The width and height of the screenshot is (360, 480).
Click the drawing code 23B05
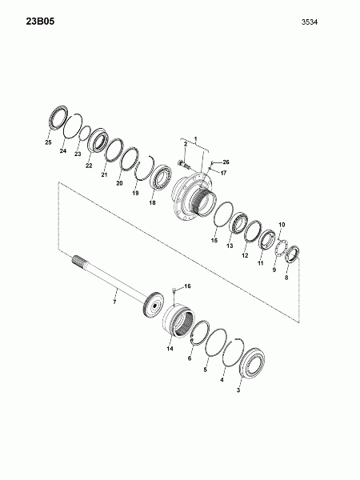pos(40,22)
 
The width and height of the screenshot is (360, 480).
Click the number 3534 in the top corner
pos(310,22)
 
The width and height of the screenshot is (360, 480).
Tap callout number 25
pos(48,142)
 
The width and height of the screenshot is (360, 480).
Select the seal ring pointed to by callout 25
pos(58,118)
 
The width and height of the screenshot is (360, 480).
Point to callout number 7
pos(114,302)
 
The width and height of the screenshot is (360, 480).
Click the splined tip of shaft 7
pos(79,261)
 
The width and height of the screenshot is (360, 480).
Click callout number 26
pos(226,162)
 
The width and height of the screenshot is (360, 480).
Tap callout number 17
pos(223,173)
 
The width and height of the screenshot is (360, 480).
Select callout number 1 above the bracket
pos(196,139)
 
